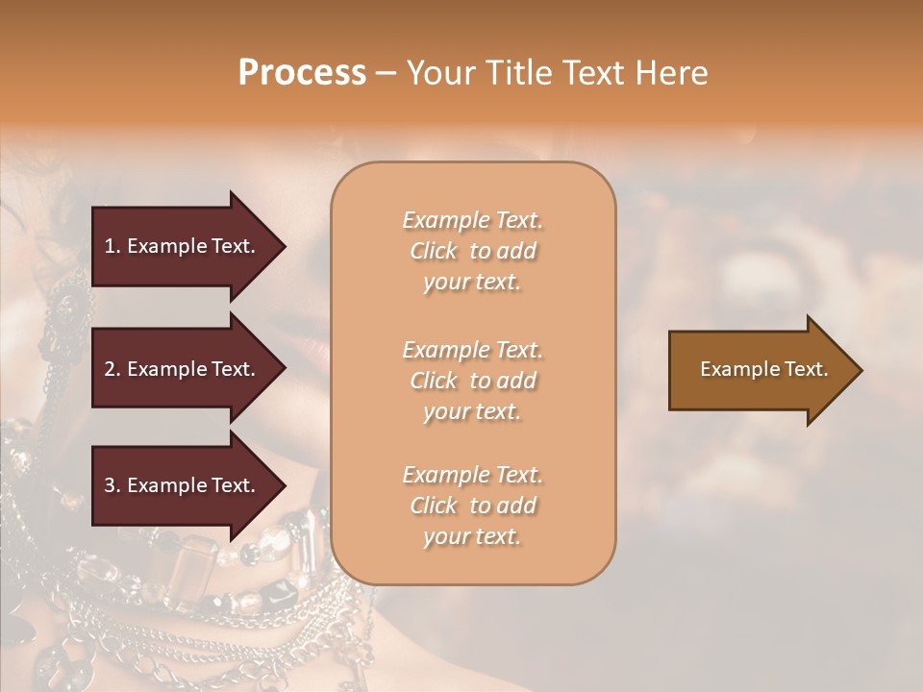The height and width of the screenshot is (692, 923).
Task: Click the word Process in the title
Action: click(302, 73)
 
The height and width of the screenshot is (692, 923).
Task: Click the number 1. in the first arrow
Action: click(112, 246)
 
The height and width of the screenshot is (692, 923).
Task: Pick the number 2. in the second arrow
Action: click(112, 369)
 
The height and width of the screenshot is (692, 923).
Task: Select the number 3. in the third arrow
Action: click(112, 485)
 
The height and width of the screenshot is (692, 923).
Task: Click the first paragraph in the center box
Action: click(472, 251)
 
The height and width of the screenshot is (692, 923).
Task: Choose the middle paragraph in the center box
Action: click(472, 381)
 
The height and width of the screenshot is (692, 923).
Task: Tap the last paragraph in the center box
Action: click(472, 506)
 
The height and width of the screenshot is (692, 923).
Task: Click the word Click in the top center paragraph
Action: click(434, 251)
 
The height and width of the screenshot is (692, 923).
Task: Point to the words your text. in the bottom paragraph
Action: click(472, 537)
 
